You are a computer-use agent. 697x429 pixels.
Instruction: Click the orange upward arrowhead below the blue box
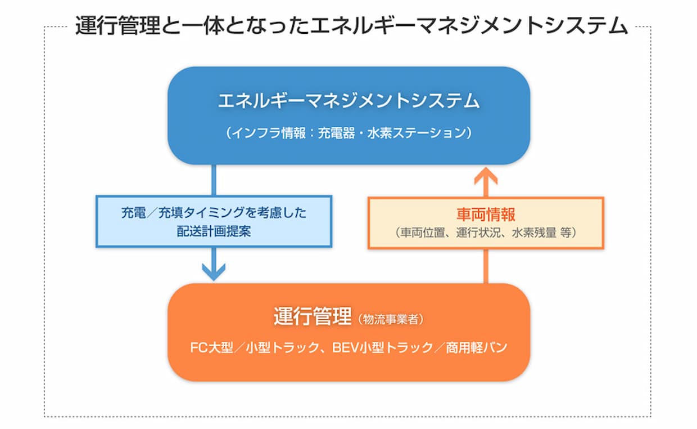tap(486, 178)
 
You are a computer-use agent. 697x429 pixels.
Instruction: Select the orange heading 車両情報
tap(486, 216)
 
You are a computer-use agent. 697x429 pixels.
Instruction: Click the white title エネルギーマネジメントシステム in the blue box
tap(348, 102)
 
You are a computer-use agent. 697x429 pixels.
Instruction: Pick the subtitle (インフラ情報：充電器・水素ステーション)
tap(348, 133)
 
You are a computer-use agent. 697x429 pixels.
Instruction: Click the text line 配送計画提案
tap(214, 231)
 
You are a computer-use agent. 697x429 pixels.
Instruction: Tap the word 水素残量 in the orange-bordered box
tap(532, 233)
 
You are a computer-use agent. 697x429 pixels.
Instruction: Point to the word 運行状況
tap(476, 233)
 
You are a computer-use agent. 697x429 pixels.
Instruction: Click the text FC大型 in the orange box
tap(209, 347)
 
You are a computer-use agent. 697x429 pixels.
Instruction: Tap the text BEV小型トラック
tap(377, 347)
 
